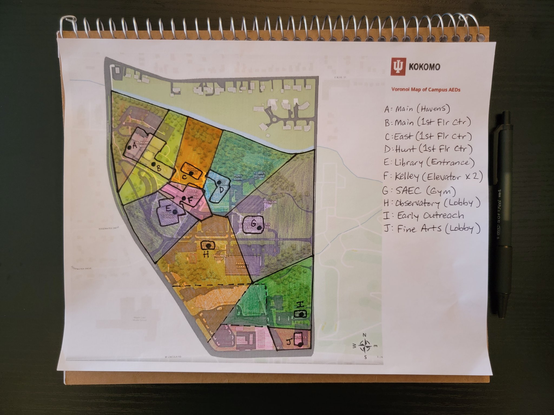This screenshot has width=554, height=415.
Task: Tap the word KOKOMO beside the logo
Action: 424,67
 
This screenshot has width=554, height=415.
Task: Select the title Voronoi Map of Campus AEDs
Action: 426,90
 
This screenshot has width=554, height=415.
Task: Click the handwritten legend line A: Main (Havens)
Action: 417,109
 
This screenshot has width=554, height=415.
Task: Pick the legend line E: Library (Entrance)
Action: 429,162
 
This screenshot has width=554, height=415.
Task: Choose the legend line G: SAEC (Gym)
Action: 419,191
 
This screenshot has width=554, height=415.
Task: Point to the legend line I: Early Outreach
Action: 424,216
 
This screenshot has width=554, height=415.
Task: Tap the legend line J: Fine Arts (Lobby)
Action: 432,229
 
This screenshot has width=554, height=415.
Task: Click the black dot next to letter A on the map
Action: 130,147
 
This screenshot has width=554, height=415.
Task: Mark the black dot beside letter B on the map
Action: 153,164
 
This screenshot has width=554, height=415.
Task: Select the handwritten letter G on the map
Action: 254,223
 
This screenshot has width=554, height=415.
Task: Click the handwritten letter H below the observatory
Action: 206,254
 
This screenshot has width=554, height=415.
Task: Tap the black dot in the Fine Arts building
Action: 300,344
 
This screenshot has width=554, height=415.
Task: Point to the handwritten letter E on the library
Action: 168,208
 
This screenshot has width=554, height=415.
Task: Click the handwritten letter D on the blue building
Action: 222,190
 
